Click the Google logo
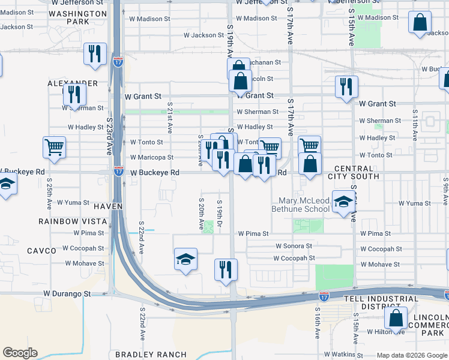tap(20, 353)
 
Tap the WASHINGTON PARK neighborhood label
tap(78, 17)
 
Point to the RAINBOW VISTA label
tap(73, 221)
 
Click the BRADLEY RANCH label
tap(151, 355)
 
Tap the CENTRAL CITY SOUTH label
tap(353, 172)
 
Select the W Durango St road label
tap(67, 294)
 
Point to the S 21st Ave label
tap(170, 120)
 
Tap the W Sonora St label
tap(294, 246)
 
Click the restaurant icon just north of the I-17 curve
tap(226, 269)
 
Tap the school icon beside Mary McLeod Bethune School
tap(343, 203)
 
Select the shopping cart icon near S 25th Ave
tap(55, 147)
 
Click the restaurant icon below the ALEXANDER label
tap(74, 95)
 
